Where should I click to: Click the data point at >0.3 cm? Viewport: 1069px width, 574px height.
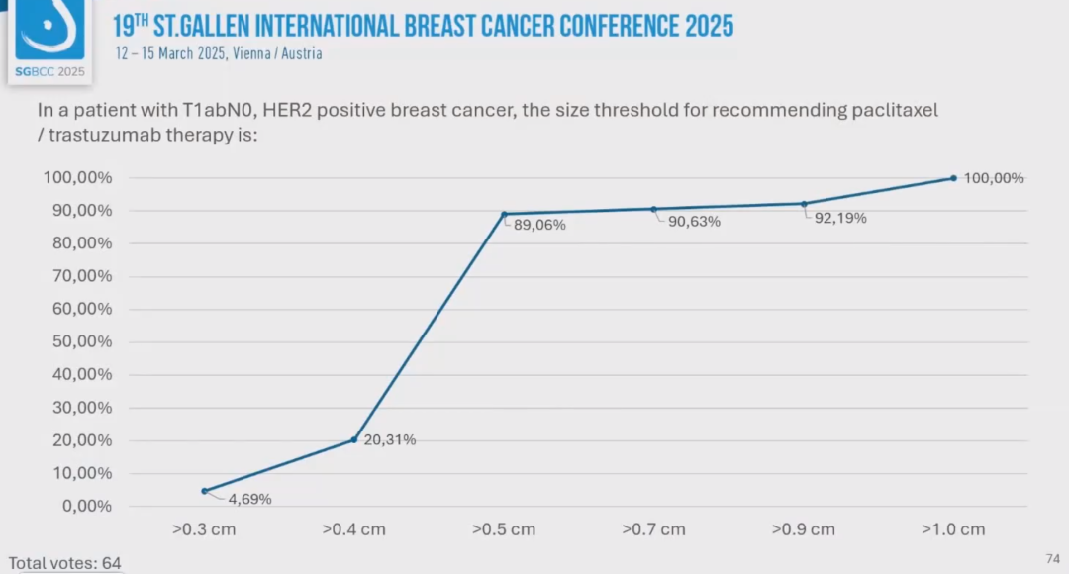204,491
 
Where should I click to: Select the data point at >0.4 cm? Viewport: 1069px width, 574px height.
354,439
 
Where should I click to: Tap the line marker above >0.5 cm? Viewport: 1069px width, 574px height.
504,214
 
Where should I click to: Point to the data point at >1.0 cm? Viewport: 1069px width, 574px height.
953,178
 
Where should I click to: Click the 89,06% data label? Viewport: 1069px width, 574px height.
539,225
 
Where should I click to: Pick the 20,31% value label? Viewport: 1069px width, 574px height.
390,440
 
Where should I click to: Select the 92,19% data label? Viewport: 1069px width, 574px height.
840,218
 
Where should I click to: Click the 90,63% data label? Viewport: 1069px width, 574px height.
694,222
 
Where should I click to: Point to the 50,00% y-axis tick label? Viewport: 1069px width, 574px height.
78,342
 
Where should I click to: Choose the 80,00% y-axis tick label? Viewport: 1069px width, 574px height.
78,243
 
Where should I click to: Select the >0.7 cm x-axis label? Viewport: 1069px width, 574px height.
653,529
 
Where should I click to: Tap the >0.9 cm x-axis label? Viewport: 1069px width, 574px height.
804,529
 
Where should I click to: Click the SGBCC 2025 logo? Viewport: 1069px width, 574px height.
50,41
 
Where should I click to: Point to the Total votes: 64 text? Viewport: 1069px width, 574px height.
65,563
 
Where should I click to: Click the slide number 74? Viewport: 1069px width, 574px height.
1052,559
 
